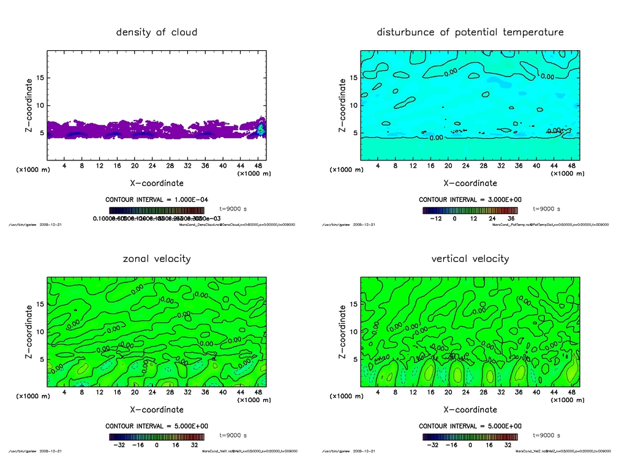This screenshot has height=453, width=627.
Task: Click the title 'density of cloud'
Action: [157, 32]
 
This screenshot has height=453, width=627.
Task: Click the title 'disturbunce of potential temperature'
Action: [470, 32]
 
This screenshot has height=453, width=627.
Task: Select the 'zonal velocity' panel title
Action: [157, 258]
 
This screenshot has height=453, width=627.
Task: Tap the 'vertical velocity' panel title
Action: [470, 258]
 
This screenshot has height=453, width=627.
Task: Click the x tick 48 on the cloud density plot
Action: [258, 166]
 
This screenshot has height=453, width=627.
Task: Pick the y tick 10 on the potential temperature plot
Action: [353, 105]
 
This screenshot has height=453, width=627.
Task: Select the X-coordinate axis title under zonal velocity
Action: [157, 409]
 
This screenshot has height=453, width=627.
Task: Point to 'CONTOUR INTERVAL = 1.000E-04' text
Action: [157, 200]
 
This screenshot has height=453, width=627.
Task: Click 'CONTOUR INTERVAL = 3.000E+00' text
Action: [470, 200]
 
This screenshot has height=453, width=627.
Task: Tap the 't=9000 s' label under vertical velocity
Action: [547, 435]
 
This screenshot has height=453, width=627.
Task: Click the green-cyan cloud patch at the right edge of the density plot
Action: [261, 129]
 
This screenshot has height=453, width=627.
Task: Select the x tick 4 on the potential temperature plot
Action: [378, 166]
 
